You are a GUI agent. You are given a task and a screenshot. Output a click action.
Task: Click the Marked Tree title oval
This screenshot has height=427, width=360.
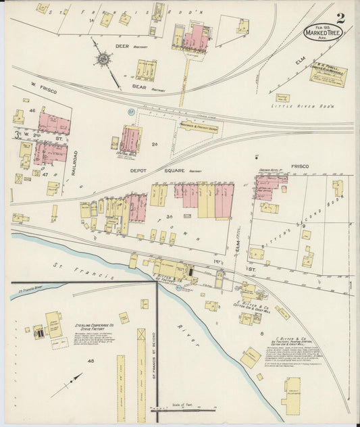click(x=322, y=31)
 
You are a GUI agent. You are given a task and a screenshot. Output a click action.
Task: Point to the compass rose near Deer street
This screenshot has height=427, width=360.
click(x=103, y=59)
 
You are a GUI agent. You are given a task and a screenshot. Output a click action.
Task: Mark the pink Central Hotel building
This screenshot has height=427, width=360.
click(x=130, y=139)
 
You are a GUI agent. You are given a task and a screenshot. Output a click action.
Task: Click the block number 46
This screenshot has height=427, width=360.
click(x=32, y=110)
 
